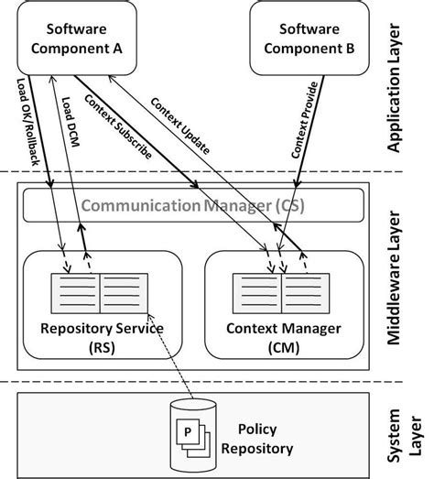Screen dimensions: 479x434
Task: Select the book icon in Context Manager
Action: [284, 292]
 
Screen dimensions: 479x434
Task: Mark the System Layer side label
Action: [414, 430]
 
